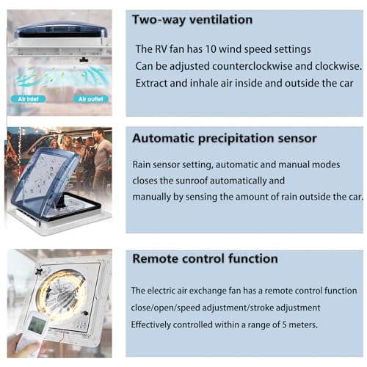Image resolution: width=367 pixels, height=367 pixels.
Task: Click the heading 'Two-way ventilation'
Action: coord(192,20)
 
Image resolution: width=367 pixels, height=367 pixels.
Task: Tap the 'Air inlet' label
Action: coord(28,99)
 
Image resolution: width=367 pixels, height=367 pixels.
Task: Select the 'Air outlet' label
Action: coord(91,99)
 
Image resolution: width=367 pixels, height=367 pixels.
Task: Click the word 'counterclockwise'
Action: coord(252,66)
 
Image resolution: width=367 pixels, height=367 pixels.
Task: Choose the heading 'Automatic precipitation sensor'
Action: coord(225,139)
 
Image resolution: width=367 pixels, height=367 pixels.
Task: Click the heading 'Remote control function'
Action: coord(205,258)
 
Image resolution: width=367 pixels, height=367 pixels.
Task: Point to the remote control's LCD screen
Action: coord(37,324)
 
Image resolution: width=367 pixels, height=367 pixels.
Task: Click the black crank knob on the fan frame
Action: coord(85,313)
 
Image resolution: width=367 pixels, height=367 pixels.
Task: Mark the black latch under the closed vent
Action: coord(84,59)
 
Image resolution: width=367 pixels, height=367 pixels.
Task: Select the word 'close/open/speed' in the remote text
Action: coord(165,308)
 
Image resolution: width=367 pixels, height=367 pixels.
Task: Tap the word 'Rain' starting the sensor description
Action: coord(141,164)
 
